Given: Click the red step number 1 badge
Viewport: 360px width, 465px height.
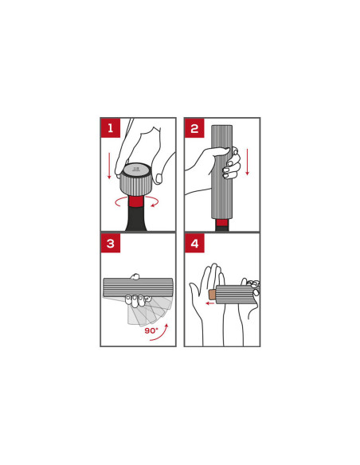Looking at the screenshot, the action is click(111, 128).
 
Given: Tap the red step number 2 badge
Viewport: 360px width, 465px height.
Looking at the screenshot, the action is click(194, 128).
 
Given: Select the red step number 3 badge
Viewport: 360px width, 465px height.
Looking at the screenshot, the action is click(111, 243).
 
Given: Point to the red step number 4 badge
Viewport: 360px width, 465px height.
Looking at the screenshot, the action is click(194, 243).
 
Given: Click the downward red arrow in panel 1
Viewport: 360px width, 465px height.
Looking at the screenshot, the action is click(109, 166).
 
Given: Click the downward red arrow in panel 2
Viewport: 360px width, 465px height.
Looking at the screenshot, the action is click(247, 162).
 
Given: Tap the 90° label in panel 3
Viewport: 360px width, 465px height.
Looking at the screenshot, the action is click(151, 330).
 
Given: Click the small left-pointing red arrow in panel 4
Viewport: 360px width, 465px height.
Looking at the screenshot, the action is click(210, 303).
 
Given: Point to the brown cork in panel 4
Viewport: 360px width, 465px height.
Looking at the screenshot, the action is click(213, 295).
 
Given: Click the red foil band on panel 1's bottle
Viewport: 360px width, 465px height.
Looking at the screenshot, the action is click(136, 201).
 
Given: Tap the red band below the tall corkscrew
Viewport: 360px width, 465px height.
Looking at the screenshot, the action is click(221, 223).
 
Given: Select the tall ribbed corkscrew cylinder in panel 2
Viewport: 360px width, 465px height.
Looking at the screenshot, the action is click(221, 172).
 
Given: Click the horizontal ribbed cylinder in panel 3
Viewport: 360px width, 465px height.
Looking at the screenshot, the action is click(138, 287).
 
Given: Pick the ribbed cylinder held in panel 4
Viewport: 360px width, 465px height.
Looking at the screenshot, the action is click(237, 295).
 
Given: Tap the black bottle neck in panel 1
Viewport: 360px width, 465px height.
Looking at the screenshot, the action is click(136, 219).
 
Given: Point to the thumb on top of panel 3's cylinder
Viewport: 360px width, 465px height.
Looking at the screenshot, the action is click(135, 276).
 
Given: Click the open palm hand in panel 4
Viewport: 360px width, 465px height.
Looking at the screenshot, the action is click(209, 299).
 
